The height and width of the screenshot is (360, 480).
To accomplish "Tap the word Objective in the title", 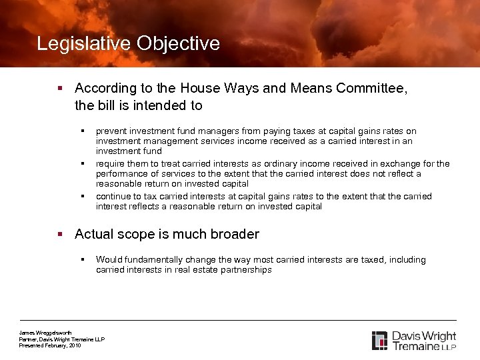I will coord(178,44).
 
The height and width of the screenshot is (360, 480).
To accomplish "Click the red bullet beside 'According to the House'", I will coord(61,88).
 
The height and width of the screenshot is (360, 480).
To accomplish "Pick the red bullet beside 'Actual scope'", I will coord(61,234).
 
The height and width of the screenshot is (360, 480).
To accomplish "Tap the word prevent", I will coord(111,131).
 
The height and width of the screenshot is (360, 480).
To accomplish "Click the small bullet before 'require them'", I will coord(83,163).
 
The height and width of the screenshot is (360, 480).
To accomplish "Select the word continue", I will coord(114,196).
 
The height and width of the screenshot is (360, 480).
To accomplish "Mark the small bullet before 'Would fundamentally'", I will coord(83,259).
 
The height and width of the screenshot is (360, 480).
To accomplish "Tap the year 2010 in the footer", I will coord(74,345).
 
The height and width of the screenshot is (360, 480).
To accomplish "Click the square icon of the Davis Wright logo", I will coord(379,340).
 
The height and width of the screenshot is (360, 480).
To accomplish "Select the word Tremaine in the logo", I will coord(416,346).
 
